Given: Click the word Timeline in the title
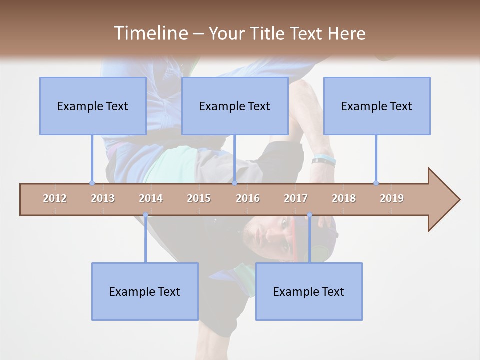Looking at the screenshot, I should pyautogui.click(x=149, y=33).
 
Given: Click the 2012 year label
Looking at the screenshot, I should pyautogui.click(x=55, y=198).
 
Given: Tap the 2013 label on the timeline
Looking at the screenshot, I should pyautogui.click(x=103, y=198).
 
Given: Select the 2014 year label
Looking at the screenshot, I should pyautogui.click(x=151, y=198).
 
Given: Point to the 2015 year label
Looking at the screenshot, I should pyautogui.click(x=199, y=198).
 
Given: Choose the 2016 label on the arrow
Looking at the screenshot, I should pyautogui.click(x=248, y=198).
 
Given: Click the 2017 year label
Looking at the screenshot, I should pyautogui.click(x=296, y=198).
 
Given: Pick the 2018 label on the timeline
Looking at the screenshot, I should pyautogui.click(x=344, y=198).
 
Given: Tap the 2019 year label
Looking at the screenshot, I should pyautogui.click(x=392, y=198).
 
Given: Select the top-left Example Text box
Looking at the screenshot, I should pyautogui.click(x=93, y=106).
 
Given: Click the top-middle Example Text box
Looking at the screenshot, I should pyautogui.click(x=235, y=106).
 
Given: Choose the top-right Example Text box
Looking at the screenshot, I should pyautogui.click(x=377, y=106).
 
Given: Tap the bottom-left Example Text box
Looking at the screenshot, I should pyautogui.click(x=145, y=291).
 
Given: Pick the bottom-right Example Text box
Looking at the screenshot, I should pyautogui.click(x=309, y=291).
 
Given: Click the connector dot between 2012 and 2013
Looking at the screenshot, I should pyautogui.click(x=92, y=183).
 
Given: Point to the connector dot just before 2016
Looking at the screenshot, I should pyautogui.click(x=234, y=183).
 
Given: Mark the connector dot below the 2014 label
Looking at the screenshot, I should pyautogui.click(x=145, y=215).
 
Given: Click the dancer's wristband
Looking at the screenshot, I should pyautogui.click(x=324, y=160).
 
